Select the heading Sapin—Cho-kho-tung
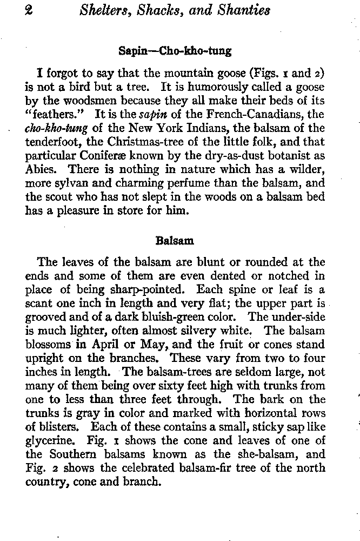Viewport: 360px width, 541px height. tap(175, 51)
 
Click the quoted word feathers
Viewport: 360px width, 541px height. tap(54, 116)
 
